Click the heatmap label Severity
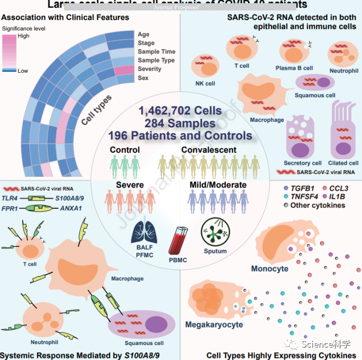tap(149, 69)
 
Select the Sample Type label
tap(156, 60)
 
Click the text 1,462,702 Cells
tap(180, 111)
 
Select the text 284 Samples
tap(179, 123)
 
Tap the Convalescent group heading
tap(209, 150)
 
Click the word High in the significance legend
tap(23, 36)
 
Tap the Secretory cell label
tap(303, 163)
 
